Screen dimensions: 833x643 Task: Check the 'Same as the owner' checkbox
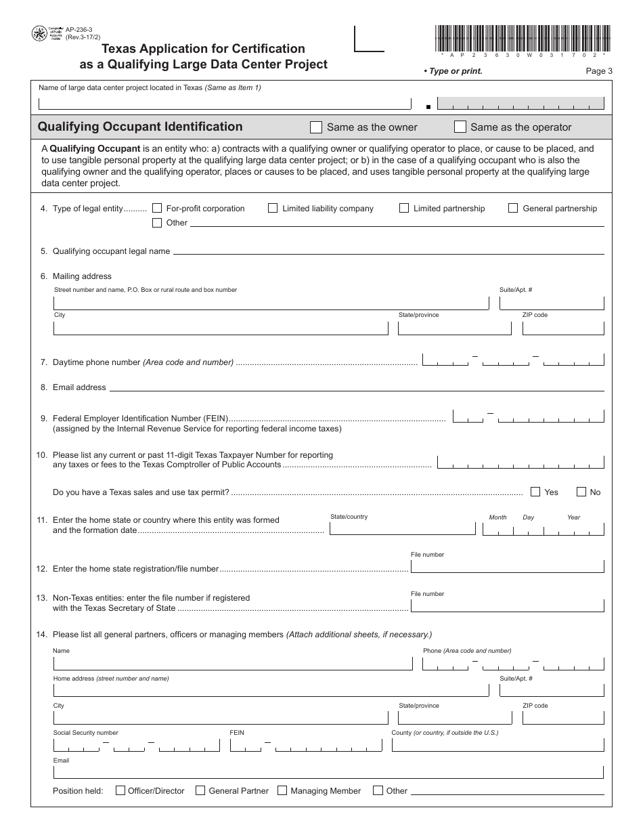click(x=315, y=127)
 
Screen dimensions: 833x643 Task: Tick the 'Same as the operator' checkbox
click(x=460, y=127)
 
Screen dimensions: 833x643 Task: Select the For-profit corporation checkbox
click(x=157, y=209)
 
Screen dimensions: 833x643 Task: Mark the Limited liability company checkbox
click(x=273, y=209)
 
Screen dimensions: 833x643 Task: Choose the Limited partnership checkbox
click(x=404, y=209)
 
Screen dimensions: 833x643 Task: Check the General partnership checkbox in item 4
click(x=513, y=209)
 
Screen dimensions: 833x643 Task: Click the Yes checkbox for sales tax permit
click(x=535, y=492)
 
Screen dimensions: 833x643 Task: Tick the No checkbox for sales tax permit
click(x=581, y=492)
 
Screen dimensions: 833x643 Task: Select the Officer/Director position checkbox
click(x=120, y=790)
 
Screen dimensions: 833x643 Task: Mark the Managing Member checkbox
click(x=282, y=790)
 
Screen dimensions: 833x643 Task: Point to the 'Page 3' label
click(x=599, y=71)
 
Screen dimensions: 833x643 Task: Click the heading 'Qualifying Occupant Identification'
click(x=140, y=127)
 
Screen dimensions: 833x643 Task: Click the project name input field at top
click(x=225, y=104)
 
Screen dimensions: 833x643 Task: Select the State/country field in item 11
click(x=402, y=528)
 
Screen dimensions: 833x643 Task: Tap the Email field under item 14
click(x=328, y=772)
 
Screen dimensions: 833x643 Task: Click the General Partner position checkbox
click(x=200, y=790)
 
